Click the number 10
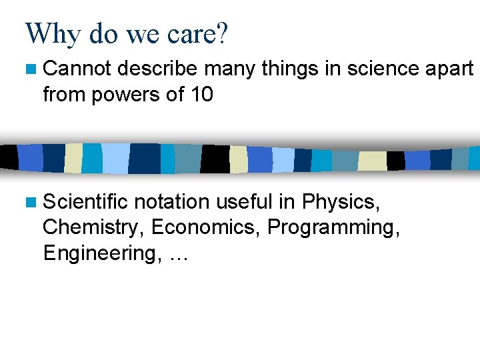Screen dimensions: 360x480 coord(201,95)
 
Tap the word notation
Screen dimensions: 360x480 coord(172,201)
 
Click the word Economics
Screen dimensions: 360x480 coord(206,227)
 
